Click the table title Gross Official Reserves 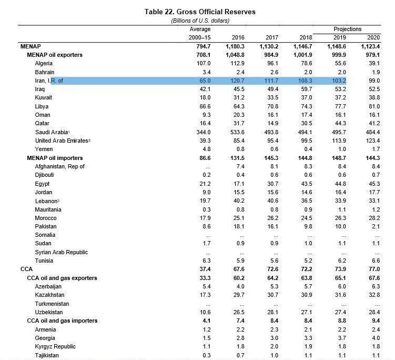(x=200, y=12)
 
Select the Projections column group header (x=347, y=29)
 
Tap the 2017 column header (x=271, y=38)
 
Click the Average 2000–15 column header (x=200, y=34)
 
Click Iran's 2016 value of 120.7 (x=237, y=81)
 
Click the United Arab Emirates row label (x=62, y=141)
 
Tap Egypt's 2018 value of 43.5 (x=305, y=184)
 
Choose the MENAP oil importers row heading (x=55, y=158)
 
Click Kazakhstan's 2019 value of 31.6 (x=339, y=295)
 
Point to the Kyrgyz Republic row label (x=55, y=347)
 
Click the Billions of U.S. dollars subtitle (x=200, y=21)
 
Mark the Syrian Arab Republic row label (x=62, y=252)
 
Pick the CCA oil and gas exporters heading (x=62, y=278)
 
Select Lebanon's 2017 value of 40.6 (x=271, y=201)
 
